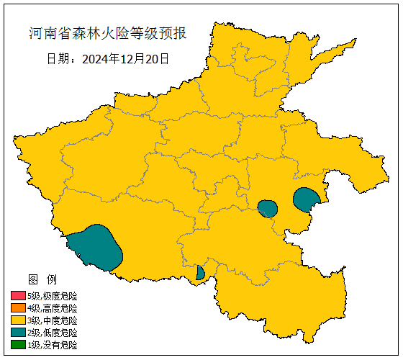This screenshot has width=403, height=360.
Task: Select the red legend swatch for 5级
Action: pos(18,296)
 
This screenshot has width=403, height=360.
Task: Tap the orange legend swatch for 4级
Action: pos(18,308)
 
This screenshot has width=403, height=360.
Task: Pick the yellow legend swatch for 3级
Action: pos(18,320)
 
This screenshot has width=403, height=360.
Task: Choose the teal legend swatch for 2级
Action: pos(18,333)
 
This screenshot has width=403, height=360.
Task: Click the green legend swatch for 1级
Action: pos(18,345)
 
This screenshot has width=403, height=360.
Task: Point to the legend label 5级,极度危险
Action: pos(52,296)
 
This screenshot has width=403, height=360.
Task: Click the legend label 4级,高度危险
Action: pos(52,308)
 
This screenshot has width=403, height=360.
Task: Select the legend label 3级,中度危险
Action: pos(52,320)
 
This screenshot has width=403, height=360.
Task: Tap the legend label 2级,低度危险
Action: pos(52,333)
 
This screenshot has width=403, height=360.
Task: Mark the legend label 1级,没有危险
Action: pos(52,345)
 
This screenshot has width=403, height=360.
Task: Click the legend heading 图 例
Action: pos(42,279)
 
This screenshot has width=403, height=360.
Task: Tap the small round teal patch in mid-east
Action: pos(268,209)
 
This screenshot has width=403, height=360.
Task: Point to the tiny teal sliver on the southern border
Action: pos(200,273)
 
